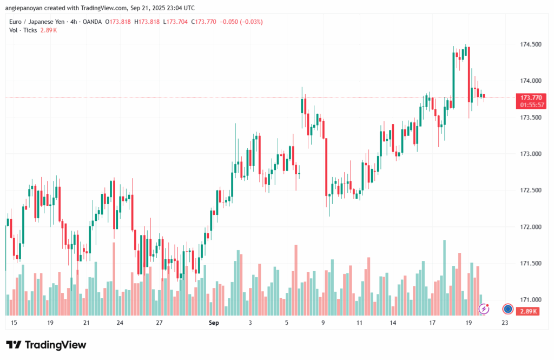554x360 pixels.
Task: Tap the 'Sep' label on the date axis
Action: point(214,323)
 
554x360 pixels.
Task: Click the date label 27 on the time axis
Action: point(159,323)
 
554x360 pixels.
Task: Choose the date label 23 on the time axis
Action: point(505,323)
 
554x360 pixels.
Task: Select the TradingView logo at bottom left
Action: point(46,345)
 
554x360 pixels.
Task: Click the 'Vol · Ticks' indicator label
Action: point(23,30)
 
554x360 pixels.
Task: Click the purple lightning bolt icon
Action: point(484,309)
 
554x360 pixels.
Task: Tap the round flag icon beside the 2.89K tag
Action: point(507,309)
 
